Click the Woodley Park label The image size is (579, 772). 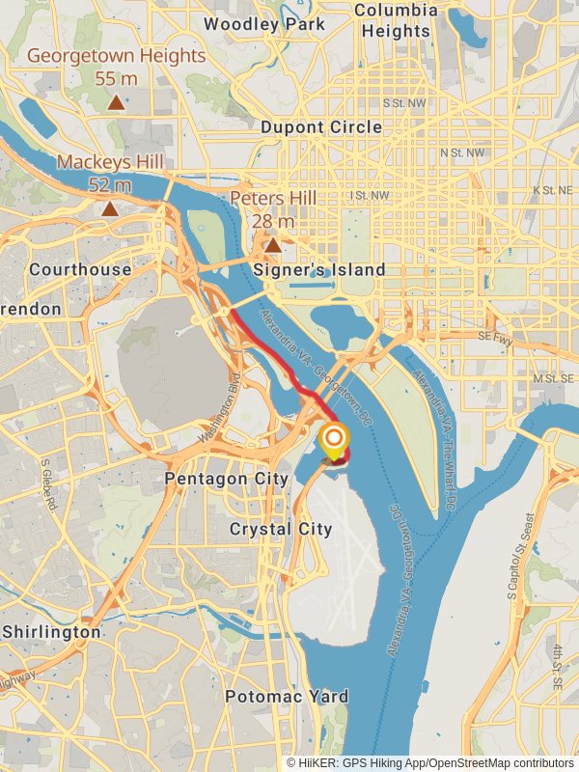point(263,24)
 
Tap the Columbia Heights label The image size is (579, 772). point(396,20)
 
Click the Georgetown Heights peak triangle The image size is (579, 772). point(116,101)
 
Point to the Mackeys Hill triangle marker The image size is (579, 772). point(110,207)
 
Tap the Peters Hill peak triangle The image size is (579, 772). point(273,245)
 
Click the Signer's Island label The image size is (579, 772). point(318,270)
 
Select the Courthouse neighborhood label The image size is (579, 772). point(80,269)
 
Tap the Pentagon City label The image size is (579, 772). point(227,479)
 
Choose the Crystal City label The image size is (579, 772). point(280,529)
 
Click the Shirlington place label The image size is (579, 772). point(51,632)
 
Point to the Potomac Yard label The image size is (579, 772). point(287,696)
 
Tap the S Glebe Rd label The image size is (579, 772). point(49,484)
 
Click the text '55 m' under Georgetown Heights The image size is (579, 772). point(115,79)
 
